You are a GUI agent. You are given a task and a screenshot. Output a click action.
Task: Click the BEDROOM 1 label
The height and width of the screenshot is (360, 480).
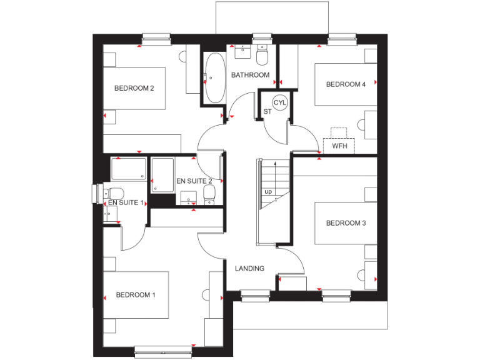point(136,295)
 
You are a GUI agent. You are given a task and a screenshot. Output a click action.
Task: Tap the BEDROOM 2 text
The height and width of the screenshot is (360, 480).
point(134,88)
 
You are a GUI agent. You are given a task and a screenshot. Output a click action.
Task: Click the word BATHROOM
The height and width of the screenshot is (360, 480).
point(250,75)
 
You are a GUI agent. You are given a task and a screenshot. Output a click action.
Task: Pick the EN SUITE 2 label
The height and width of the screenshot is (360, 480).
point(194,181)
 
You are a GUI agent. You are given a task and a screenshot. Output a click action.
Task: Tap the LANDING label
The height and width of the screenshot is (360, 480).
point(249,268)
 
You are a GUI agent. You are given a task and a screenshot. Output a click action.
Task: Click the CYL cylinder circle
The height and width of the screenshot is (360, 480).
point(279,102)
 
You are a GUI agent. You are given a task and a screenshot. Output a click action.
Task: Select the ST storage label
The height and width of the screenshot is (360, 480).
point(267,112)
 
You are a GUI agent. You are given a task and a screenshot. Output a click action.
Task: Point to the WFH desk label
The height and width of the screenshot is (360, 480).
point(339,146)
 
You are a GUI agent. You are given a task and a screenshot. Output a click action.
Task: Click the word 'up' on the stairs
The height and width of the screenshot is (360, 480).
point(268,191)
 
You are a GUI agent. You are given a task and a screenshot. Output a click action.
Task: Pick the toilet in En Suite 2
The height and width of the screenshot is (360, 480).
point(209,197)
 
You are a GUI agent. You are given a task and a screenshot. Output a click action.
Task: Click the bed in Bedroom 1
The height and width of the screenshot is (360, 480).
point(136,295)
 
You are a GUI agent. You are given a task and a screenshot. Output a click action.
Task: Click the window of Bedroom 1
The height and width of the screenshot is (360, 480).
point(162,352)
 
